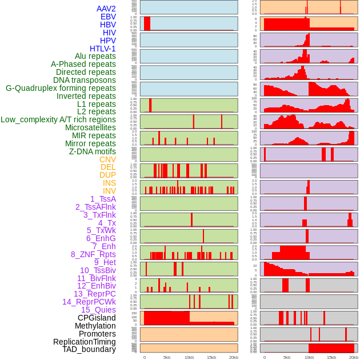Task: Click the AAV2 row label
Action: coord(106,9)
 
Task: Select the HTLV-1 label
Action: coord(103,49)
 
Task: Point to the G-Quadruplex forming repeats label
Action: coord(61,88)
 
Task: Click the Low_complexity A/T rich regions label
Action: coord(58,119)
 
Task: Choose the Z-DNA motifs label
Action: coord(93,151)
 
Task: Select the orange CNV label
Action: coord(107,159)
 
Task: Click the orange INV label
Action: coord(109,191)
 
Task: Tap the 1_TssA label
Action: coord(103,199)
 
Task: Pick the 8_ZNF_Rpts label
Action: coord(93,254)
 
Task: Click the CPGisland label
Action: coord(97,318)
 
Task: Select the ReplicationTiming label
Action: coord(84,342)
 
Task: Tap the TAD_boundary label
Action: coord(89,349)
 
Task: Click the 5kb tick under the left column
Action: coord(167,357)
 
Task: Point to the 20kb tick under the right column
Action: coord(354,357)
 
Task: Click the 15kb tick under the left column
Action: coord(211,357)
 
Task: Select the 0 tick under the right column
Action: coord(264,357)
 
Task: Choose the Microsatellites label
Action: coord(90,127)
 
